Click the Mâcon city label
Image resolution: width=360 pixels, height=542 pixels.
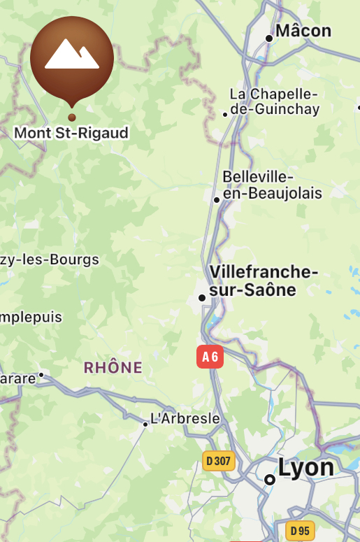(x=303, y=31)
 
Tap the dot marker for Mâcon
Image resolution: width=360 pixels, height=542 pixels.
(x=269, y=38)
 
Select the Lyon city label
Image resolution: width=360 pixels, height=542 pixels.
(x=305, y=467)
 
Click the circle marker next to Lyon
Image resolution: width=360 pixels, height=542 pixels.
(x=270, y=480)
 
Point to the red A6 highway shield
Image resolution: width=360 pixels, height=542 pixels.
(x=210, y=357)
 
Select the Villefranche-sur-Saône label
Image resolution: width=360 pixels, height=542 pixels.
(x=264, y=281)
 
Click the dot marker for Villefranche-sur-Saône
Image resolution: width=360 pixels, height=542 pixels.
(x=202, y=298)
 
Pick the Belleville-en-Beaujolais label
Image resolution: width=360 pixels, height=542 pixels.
(x=272, y=185)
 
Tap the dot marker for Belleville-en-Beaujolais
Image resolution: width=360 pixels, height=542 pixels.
(x=217, y=200)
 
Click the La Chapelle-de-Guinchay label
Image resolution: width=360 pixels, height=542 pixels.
(x=275, y=101)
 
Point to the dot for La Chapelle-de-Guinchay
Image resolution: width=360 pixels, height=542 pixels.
(x=225, y=114)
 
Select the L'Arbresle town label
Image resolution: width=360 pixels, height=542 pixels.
(x=186, y=419)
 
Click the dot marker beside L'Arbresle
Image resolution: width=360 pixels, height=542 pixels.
(x=145, y=424)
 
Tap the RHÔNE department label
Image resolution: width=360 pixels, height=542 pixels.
(x=113, y=367)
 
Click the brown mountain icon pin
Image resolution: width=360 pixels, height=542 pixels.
(x=72, y=59)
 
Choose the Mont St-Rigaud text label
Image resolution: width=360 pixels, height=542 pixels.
(x=71, y=132)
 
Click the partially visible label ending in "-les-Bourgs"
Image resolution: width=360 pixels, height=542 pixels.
(x=49, y=260)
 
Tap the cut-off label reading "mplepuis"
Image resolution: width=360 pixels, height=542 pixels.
(x=31, y=317)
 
